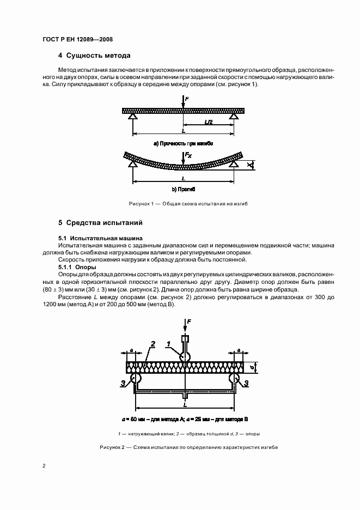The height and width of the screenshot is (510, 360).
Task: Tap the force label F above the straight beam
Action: tap(187, 98)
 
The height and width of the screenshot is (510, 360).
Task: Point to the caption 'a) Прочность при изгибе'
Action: tap(183, 143)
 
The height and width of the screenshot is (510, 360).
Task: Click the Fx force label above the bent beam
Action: tap(188, 156)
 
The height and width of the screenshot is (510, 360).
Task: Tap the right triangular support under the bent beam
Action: tap(234, 163)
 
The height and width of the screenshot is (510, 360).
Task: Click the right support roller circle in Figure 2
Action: tap(235, 378)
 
